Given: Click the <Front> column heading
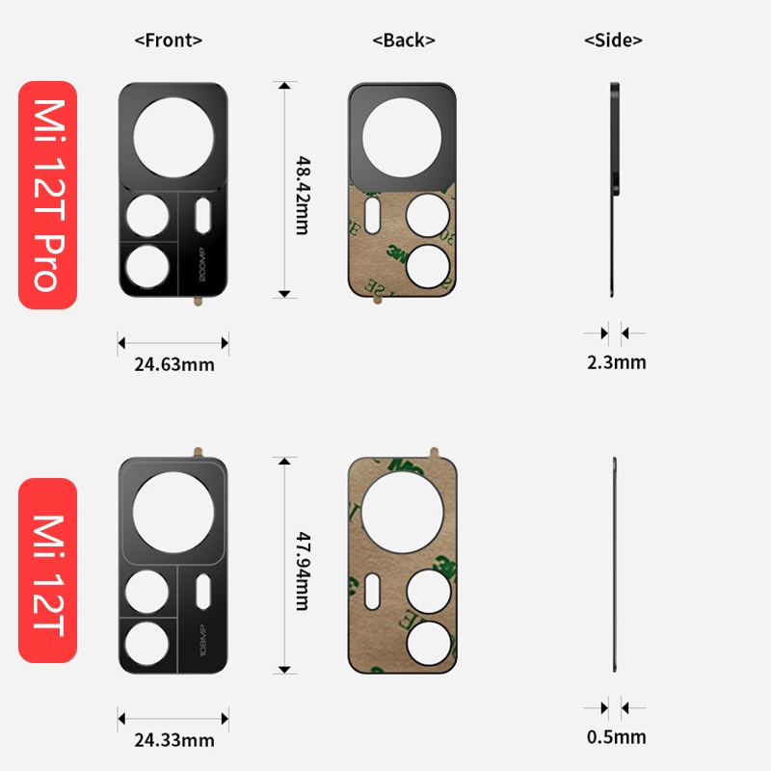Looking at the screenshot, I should (169, 40).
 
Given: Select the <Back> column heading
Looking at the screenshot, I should (404, 40).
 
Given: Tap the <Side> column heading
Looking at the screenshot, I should (613, 40).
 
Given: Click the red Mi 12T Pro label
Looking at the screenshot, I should (47, 195).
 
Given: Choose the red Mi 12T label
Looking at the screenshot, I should (47, 571).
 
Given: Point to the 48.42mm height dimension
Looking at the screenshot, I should (302, 190).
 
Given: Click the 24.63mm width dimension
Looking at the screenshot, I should (173, 364).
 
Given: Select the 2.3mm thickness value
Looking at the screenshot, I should (616, 362).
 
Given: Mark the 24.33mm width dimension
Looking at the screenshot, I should (173, 740).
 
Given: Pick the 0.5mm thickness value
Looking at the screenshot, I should (616, 737).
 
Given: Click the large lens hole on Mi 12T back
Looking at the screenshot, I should (403, 511).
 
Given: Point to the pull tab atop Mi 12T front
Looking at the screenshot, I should (198, 451).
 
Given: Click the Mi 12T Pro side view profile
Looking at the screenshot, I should (614, 190).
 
